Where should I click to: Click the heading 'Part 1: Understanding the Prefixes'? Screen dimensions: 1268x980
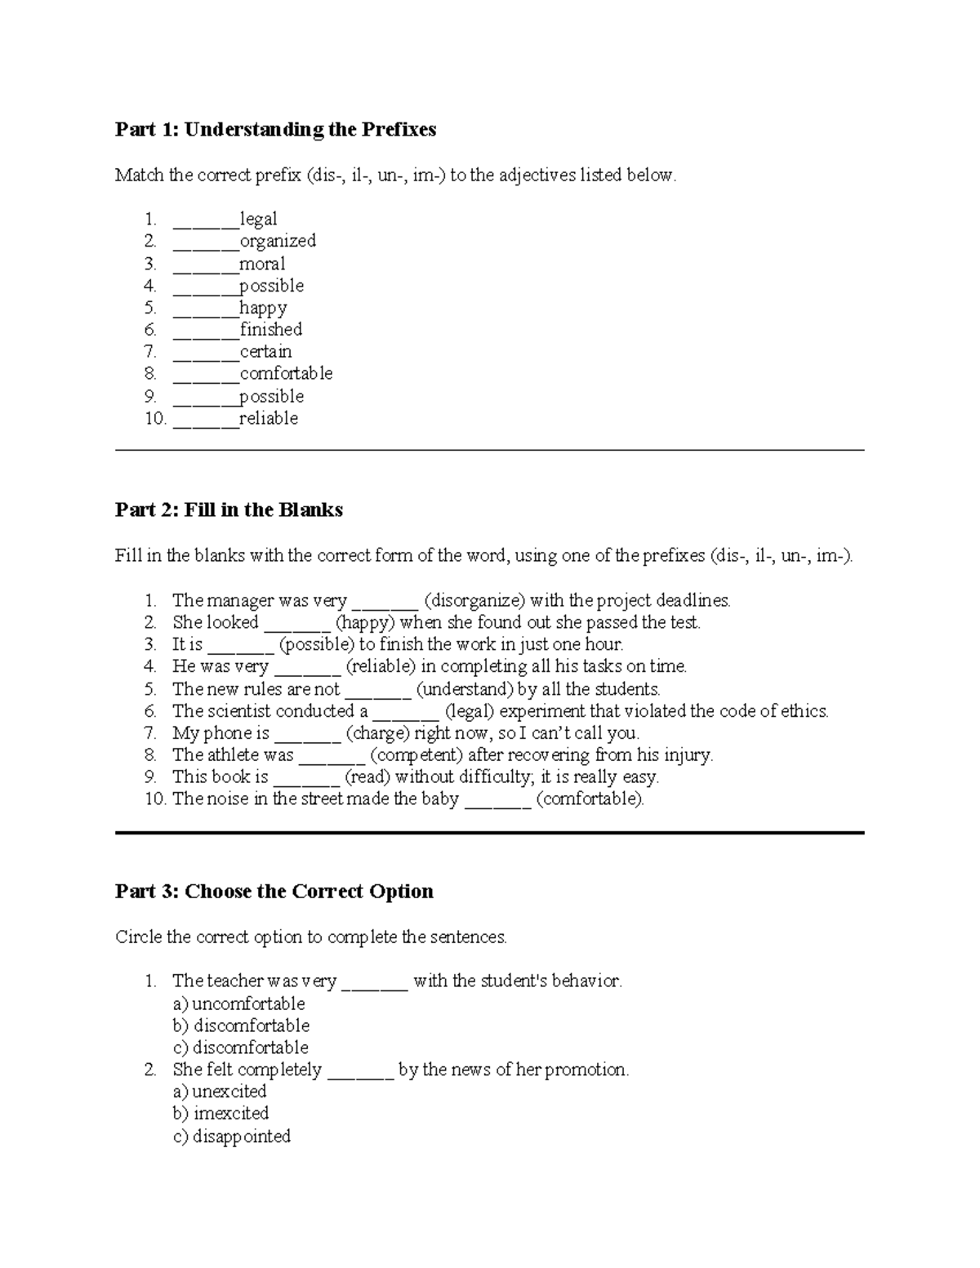[x=275, y=130]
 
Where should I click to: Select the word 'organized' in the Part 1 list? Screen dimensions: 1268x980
[x=278, y=241]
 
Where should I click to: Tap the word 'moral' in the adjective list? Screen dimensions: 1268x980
[x=262, y=264]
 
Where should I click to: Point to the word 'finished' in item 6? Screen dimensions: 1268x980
[x=271, y=330]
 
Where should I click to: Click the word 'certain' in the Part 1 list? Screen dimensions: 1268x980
[x=265, y=352]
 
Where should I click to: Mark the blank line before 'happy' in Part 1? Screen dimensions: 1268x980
[x=205, y=309]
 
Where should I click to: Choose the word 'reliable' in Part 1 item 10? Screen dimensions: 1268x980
[x=269, y=419]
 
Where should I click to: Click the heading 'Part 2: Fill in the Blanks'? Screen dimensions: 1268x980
[x=229, y=510]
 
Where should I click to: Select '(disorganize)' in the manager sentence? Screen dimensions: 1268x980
[x=474, y=601]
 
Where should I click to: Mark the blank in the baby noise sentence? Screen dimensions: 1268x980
[x=497, y=800]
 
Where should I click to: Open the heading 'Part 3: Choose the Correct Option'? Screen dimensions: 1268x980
[x=274, y=891]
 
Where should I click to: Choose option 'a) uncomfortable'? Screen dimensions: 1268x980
[x=238, y=1003]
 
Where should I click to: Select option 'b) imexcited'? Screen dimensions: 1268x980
[x=220, y=1114]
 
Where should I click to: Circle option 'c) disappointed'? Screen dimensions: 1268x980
[x=231, y=1137]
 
